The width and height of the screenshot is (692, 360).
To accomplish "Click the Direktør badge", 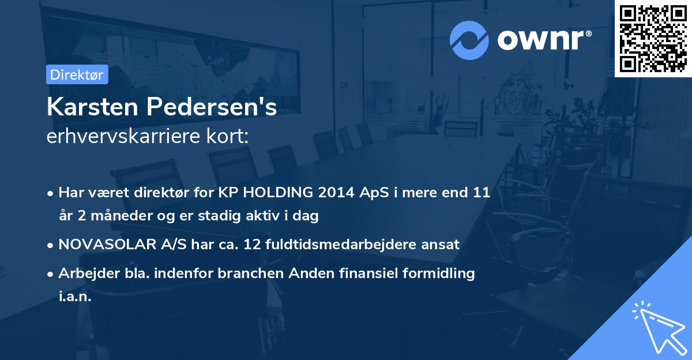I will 77,75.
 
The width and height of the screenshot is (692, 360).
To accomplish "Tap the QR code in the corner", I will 653,39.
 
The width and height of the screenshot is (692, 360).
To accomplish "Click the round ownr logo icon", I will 469,40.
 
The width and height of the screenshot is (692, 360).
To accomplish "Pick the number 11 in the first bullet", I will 481,193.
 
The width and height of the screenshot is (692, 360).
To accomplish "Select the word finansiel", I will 363,273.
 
